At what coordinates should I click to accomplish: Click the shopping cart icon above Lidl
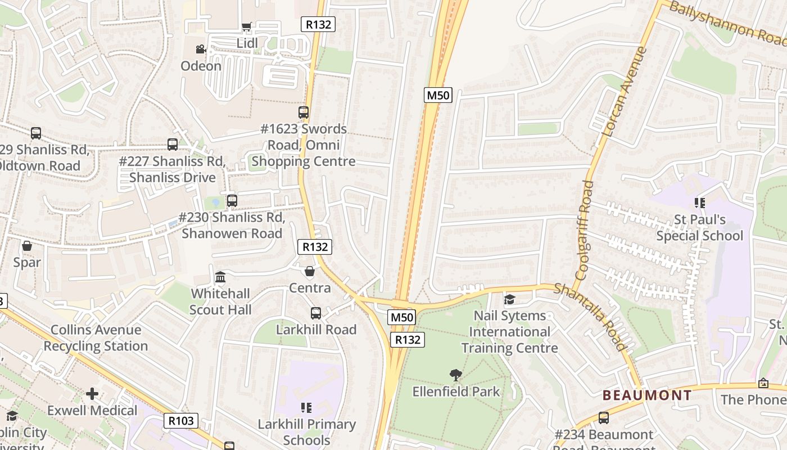pos(246,26)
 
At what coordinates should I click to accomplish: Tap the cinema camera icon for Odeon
pos(201,49)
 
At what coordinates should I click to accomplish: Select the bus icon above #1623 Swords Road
pos(304,112)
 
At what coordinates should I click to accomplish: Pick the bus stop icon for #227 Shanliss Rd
pos(173,145)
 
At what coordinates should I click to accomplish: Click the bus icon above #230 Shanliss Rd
pos(232,200)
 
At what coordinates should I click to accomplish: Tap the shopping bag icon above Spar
pos(26,246)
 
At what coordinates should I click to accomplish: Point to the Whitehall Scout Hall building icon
pos(220,277)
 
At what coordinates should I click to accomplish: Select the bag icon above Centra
pos(309,272)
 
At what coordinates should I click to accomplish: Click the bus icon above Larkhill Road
pos(316,313)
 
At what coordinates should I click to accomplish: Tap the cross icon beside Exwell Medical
pos(92,394)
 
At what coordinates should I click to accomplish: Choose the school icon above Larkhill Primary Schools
pos(306,407)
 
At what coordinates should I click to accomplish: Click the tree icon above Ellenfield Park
pos(456,375)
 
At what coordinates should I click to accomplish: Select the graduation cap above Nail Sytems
pos(509,300)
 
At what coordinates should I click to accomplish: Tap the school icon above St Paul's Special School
pos(700,202)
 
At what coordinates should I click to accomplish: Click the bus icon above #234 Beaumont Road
pos(604,418)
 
